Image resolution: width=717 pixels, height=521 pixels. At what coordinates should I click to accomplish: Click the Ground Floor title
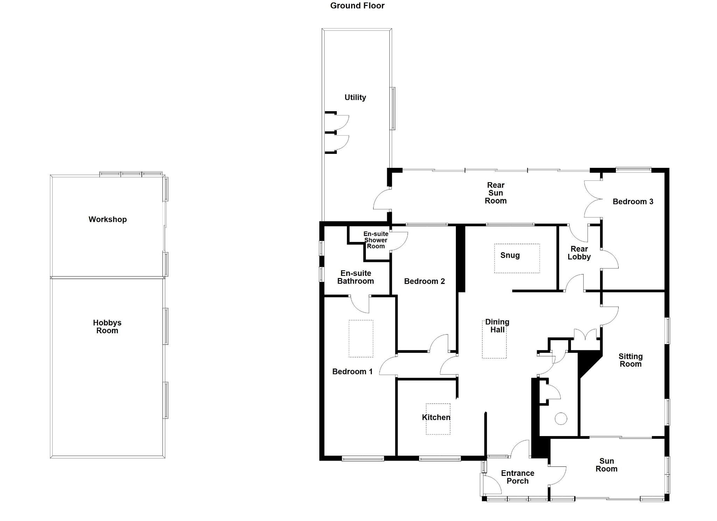point(357,6)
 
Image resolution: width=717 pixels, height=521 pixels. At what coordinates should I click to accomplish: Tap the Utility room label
point(355,98)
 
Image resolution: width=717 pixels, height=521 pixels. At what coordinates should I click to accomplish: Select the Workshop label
point(107,220)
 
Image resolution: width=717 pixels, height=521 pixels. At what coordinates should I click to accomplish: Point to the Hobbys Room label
point(107,327)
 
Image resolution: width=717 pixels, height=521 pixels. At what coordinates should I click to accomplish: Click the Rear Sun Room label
point(495,193)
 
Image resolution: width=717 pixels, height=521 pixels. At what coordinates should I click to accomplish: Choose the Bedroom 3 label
point(633,202)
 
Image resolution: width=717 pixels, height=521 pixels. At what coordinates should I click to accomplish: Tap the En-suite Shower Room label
point(376,240)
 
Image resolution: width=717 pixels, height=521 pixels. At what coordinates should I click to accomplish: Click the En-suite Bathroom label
point(355,277)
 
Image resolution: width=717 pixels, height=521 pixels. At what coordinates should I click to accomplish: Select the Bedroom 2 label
point(424,281)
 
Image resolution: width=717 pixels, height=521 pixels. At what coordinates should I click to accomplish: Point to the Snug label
point(510,255)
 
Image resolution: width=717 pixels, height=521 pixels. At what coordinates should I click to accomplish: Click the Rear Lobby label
point(579,253)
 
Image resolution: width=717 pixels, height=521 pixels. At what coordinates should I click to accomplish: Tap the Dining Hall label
point(497,326)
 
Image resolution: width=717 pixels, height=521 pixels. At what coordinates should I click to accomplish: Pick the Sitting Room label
point(630,360)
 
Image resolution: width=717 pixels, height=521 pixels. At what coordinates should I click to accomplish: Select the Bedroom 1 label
point(352,372)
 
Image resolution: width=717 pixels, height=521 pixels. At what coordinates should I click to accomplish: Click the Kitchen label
point(436,417)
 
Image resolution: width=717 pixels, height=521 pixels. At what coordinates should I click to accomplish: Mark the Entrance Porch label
point(517,477)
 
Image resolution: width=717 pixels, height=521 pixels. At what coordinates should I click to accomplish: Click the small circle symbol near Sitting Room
point(561,419)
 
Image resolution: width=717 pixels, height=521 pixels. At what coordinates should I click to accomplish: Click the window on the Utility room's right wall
point(393,108)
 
